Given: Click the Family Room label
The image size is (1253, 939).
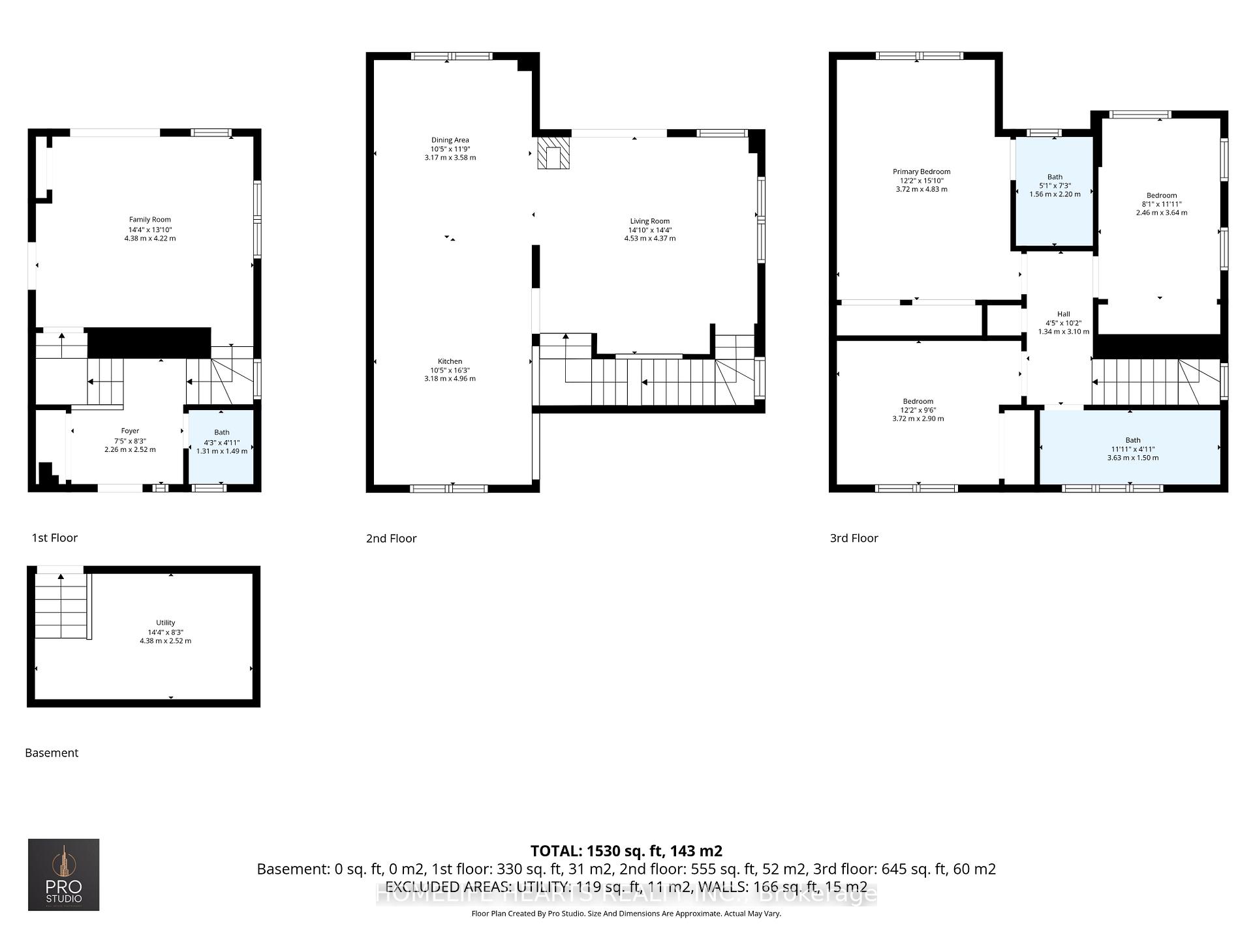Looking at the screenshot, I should (149, 220).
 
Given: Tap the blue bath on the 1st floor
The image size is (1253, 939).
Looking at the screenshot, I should (221, 447).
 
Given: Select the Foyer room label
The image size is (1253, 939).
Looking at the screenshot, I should (130, 431).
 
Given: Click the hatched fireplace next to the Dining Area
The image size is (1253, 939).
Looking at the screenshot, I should (553, 153).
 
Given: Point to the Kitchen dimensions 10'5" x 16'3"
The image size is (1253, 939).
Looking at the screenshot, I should (450, 370).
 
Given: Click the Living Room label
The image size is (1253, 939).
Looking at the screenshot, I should (649, 221).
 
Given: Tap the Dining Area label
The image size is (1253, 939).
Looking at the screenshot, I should (450, 140).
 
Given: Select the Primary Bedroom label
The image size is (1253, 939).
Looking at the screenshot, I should (921, 171).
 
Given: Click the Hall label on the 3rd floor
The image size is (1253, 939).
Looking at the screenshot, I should (1063, 314).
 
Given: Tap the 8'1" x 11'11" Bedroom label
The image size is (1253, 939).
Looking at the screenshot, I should (1162, 196).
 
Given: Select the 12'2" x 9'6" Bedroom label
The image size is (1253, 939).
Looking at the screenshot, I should (918, 402).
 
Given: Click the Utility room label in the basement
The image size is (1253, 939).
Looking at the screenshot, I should (165, 623).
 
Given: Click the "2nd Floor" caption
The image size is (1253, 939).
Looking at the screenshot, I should (391, 539).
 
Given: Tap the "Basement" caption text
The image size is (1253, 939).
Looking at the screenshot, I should (52, 753).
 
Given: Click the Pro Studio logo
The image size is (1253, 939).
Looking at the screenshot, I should (63, 874).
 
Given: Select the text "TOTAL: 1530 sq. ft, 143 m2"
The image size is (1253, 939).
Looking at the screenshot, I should (626, 851).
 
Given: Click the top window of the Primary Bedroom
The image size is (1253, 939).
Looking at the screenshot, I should (918, 56).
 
